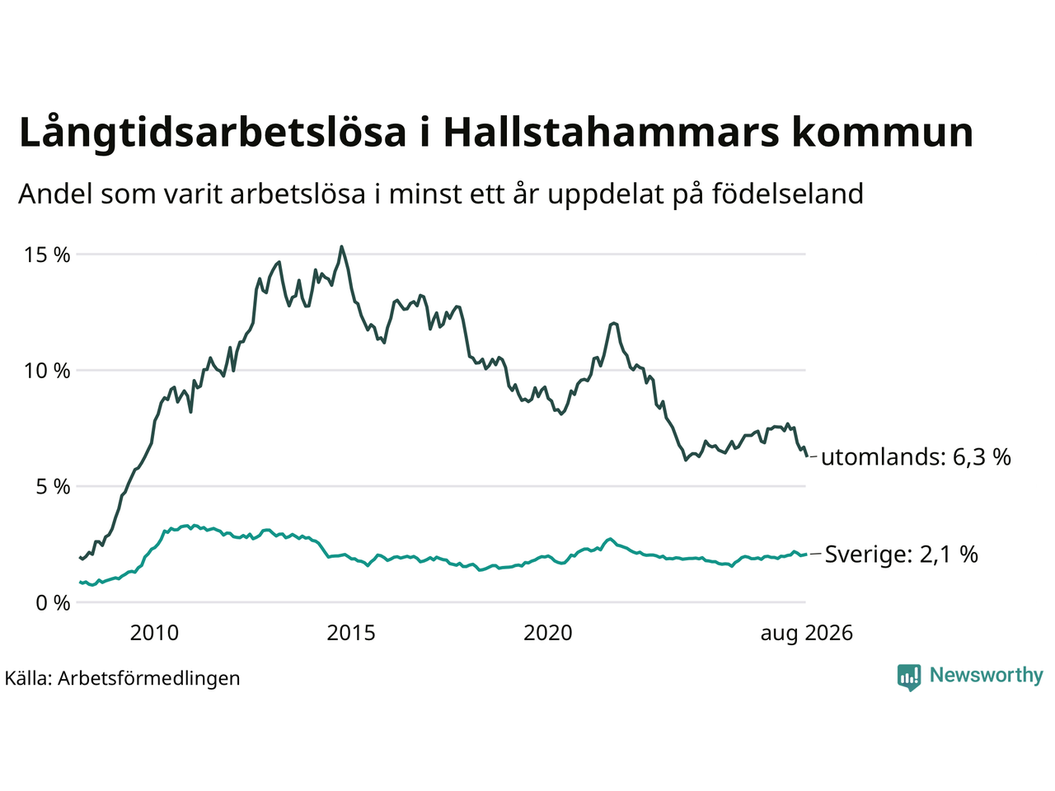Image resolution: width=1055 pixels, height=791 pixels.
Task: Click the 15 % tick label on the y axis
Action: (x=47, y=255)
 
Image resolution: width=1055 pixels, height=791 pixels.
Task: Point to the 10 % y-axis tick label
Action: (x=47, y=371)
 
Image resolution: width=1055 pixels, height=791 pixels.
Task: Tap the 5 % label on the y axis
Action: (x=53, y=487)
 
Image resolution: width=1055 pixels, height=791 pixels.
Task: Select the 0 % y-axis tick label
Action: (x=53, y=603)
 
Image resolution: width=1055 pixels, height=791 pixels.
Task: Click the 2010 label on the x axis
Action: (x=154, y=633)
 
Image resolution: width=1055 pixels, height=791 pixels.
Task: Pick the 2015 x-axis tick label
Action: (x=351, y=633)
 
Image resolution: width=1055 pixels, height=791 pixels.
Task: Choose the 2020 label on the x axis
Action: (x=548, y=633)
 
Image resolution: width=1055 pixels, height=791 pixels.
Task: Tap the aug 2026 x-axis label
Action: (x=807, y=634)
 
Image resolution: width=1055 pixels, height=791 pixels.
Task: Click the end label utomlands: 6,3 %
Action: (x=916, y=456)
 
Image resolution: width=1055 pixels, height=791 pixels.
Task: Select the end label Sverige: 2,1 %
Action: (x=902, y=555)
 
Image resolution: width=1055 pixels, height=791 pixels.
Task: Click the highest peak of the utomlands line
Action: (x=341, y=247)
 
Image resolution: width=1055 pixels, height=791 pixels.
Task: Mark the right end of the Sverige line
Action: (x=806, y=555)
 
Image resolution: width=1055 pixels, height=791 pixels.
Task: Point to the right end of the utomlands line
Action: (x=807, y=456)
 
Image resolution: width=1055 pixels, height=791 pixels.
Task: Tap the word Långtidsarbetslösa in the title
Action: (x=213, y=133)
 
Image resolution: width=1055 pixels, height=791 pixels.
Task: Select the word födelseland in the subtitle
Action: (x=788, y=194)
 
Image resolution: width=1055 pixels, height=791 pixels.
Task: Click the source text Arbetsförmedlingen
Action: (x=149, y=679)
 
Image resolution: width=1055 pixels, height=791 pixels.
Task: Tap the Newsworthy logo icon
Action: (x=909, y=677)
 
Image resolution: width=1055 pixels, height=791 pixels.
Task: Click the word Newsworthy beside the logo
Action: (x=987, y=676)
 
